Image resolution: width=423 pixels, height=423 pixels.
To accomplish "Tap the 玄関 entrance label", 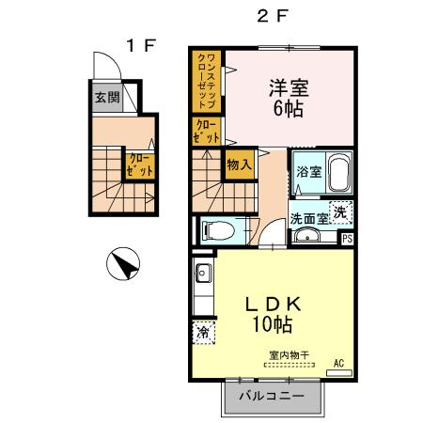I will click(x=106, y=96).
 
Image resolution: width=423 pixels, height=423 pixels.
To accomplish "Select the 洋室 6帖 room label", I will click(x=289, y=94).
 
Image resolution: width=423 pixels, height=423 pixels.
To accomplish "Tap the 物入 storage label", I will click(x=238, y=164).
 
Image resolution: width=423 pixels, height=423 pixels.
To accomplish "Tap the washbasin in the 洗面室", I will click(x=306, y=235).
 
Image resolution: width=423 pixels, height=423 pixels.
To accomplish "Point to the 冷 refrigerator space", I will click(x=203, y=332).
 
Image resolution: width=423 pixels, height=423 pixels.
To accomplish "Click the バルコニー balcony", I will click(x=271, y=397).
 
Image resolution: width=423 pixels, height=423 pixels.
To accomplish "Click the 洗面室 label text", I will click(x=307, y=217).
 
